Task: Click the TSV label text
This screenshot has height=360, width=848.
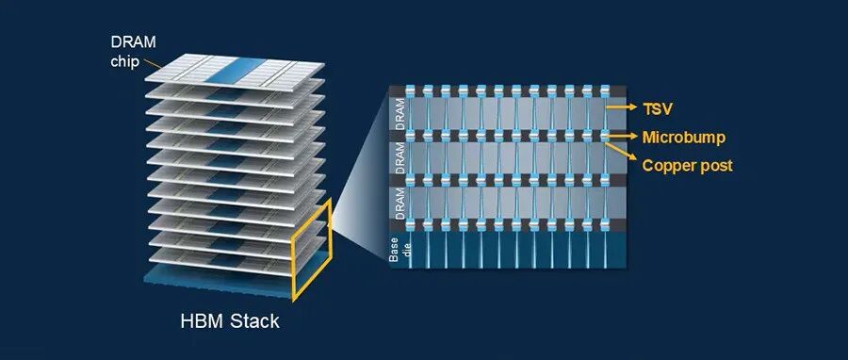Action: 657,109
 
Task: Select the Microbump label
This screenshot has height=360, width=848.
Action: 684,138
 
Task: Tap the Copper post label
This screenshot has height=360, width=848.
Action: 688,166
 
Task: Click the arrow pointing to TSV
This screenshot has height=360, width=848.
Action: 622,108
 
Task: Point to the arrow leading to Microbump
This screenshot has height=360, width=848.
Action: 622,137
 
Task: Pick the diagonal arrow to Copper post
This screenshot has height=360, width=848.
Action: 621,153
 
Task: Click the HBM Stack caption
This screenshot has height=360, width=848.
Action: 230,321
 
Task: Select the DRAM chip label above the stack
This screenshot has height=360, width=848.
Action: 133,52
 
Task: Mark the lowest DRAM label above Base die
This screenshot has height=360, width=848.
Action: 400,205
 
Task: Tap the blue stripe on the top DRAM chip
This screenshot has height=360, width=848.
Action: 236,72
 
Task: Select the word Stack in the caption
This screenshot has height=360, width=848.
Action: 255,321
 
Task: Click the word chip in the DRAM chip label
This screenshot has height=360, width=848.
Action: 125,61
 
